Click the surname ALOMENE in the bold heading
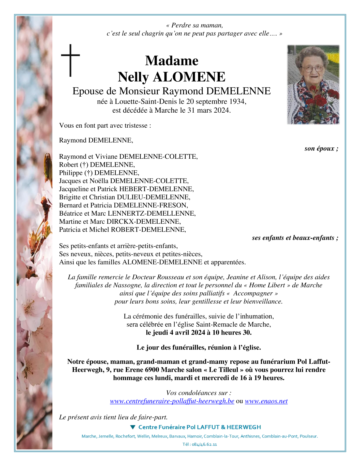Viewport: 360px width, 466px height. point(189,77)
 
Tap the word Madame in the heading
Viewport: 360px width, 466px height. point(172,61)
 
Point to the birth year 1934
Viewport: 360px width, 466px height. point(237,101)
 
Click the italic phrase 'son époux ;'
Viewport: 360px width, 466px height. point(321,148)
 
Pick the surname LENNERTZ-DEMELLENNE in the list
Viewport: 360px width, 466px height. point(152,213)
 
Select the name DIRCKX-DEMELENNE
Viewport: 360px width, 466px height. point(144,221)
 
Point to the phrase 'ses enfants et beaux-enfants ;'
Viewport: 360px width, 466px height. point(295,238)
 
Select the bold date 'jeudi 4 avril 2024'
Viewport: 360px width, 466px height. point(179,333)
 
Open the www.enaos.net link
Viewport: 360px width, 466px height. point(266,401)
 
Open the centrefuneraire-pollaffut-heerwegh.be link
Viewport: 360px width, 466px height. point(172,401)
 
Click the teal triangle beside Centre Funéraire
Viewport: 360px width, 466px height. point(132,427)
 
